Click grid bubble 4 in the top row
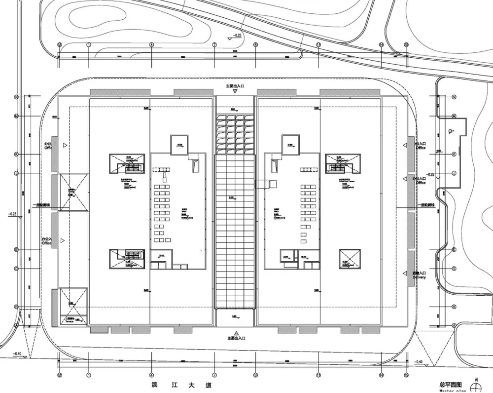[151, 44]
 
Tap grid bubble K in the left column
[16, 154]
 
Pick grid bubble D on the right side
[454, 269]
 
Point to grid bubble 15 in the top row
[406, 44]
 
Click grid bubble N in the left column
[16, 97]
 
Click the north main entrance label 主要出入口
[235, 85]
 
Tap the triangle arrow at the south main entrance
[236, 333]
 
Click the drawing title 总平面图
[451, 384]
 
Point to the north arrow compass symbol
[476, 386]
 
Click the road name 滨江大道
[179, 385]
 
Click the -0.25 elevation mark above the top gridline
[238, 36]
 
